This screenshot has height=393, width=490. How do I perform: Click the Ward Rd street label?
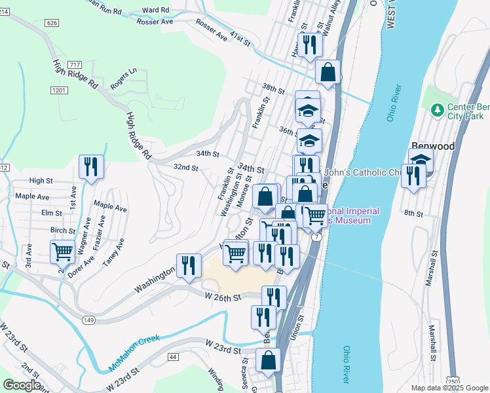point(155,10)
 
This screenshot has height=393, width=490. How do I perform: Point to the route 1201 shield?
point(58,90)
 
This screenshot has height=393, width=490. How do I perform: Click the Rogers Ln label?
point(124,78)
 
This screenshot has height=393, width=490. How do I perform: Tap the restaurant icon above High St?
point(91,168)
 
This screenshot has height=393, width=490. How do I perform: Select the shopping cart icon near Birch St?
point(62,252)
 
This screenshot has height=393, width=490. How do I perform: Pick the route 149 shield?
point(88,319)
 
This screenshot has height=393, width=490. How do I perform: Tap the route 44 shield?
point(173,356)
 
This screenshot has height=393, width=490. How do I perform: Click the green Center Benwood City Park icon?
point(437,109)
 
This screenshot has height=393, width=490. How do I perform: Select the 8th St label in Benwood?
point(414,214)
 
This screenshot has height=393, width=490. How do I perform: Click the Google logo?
point(21,384)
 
